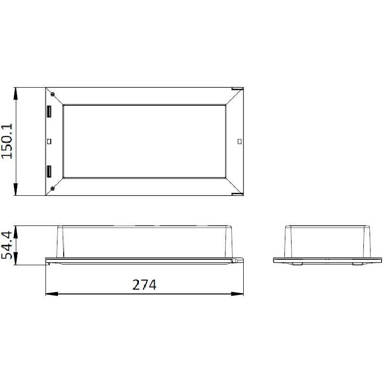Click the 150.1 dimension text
coord(7,141)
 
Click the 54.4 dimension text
coord(7,245)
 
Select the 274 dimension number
coord(145,284)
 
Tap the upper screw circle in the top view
coord(53,94)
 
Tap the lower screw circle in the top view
coord(52,188)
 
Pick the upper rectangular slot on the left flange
coord(49,112)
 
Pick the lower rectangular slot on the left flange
coord(49,171)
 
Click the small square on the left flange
coord(49,141)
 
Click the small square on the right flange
coord(239,141)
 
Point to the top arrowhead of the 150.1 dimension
coord(16,93)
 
